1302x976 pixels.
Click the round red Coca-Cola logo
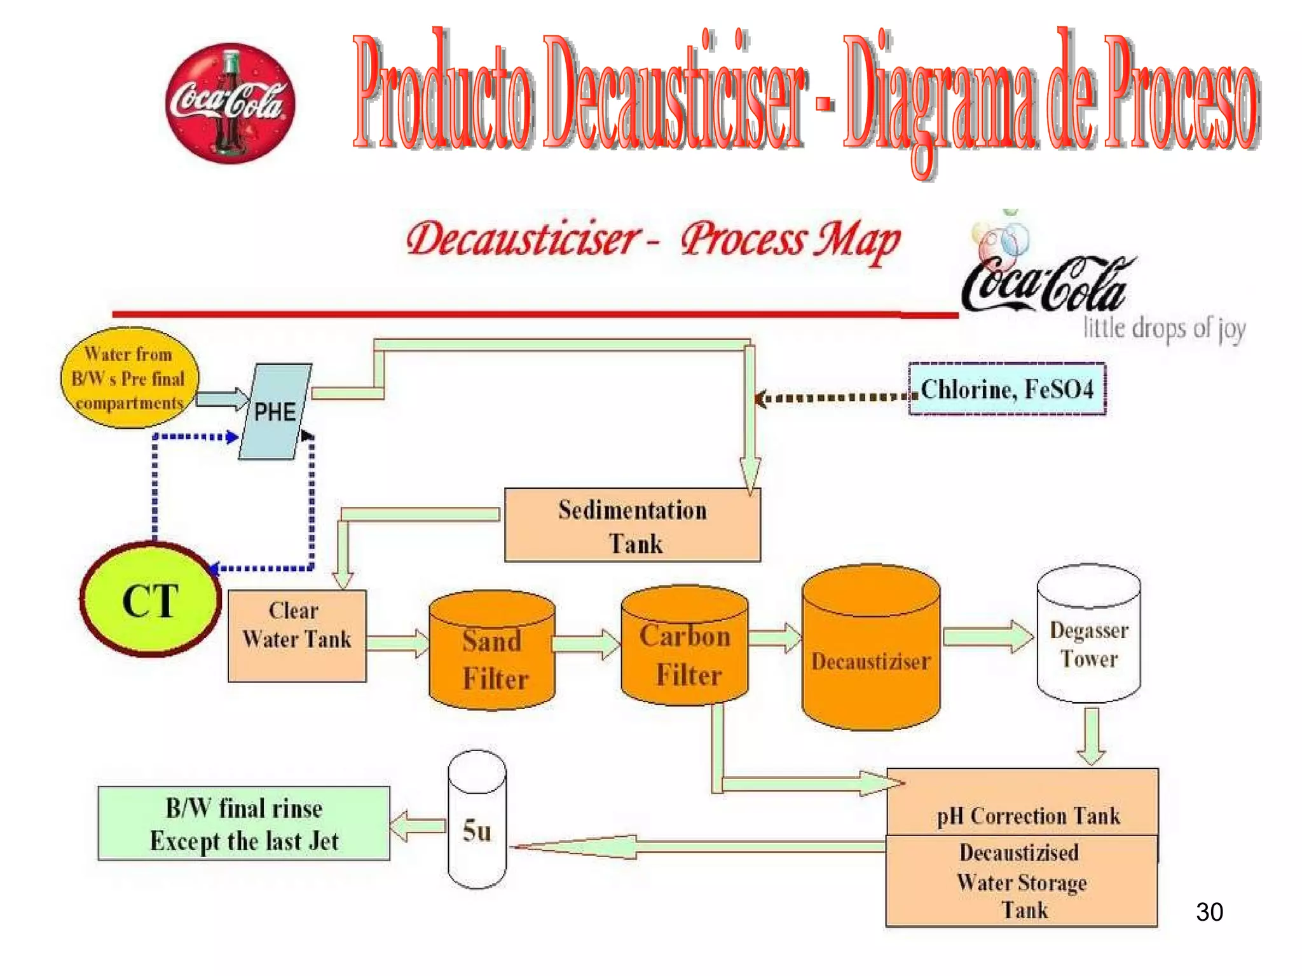pyautogui.click(x=230, y=103)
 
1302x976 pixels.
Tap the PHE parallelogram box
pyautogui.click(x=275, y=411)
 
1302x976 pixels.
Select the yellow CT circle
pyautogui.click(x=151, y=600)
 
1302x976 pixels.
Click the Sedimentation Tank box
pyautogui.click(x=632, y=525)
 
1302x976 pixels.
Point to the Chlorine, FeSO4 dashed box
pyautogui.click(x=1006, y=389)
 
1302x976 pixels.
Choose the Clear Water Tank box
pyautogui.click(x=297, y=635)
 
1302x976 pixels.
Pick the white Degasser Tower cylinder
pyautogui.click(x=1088, y=639)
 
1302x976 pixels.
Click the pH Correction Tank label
pyautogui.click(x=1028, y=815)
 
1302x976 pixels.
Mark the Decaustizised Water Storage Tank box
pyautogui.click(x=1022, y=881)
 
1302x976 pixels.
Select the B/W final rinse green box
pyautogui.click(x=243, y=823)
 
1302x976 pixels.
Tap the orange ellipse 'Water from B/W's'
pyautogui.click(x=130, y=378)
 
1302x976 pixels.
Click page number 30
pyautogui.click(x=1209, y=912)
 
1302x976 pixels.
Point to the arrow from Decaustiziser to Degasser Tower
pyautogui.click(x=987, y=636)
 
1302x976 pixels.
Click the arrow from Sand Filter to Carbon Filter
pyautogui.click(x=586, y=644)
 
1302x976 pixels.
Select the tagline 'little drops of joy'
pyautogui.click(x=1163, y=329)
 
